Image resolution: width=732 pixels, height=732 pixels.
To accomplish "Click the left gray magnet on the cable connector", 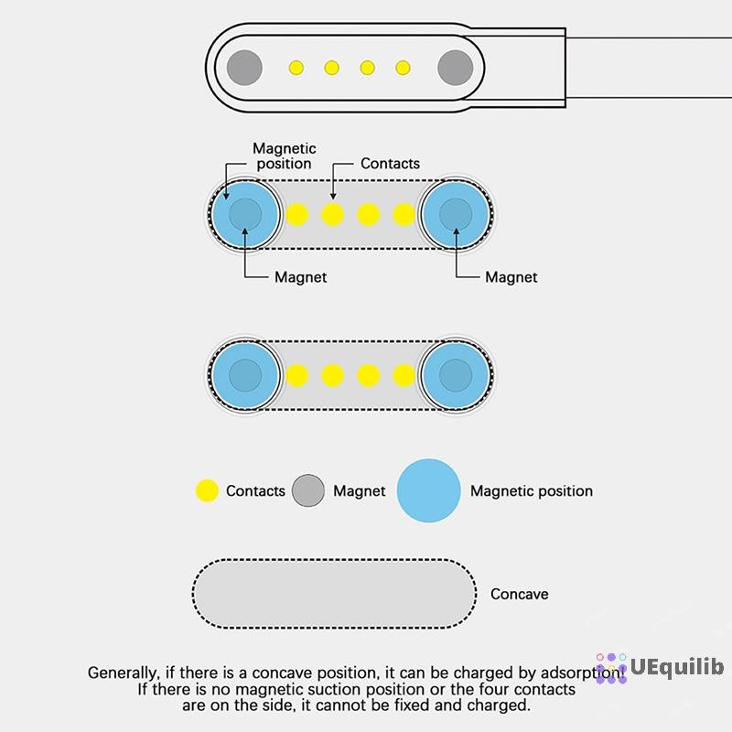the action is [244, 68].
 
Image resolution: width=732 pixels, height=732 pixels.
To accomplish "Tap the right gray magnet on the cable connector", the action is [455, 68].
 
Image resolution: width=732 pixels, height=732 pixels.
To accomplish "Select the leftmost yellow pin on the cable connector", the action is [296, 68].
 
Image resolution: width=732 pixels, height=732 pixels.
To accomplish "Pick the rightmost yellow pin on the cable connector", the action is [403, 68].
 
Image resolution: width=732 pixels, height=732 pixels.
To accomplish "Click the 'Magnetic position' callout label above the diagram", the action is [285, 156].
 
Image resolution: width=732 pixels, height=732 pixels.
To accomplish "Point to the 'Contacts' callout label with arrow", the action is [390, 164].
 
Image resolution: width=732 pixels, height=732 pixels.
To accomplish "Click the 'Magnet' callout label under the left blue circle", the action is [301, 277].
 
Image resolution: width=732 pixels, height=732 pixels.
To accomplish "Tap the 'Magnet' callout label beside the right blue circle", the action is [511, 277].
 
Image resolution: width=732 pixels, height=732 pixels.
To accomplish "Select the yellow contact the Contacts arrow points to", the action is [332, 215].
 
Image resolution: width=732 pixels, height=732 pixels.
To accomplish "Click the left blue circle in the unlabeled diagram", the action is [245, 375].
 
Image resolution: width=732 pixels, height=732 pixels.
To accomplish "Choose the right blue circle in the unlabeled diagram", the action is [456, 375].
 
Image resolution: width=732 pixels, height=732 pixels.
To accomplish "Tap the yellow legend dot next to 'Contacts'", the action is [207, 490].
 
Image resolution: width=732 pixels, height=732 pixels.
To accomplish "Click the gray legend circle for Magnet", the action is [308, 490].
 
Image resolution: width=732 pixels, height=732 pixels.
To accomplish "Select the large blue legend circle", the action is [428, 490].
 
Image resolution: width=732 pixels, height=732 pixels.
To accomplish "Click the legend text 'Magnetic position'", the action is [532, 491].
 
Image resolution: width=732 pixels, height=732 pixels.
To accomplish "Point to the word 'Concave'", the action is [519, 594].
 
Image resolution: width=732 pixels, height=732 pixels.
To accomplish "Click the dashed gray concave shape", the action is [334, 594].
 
